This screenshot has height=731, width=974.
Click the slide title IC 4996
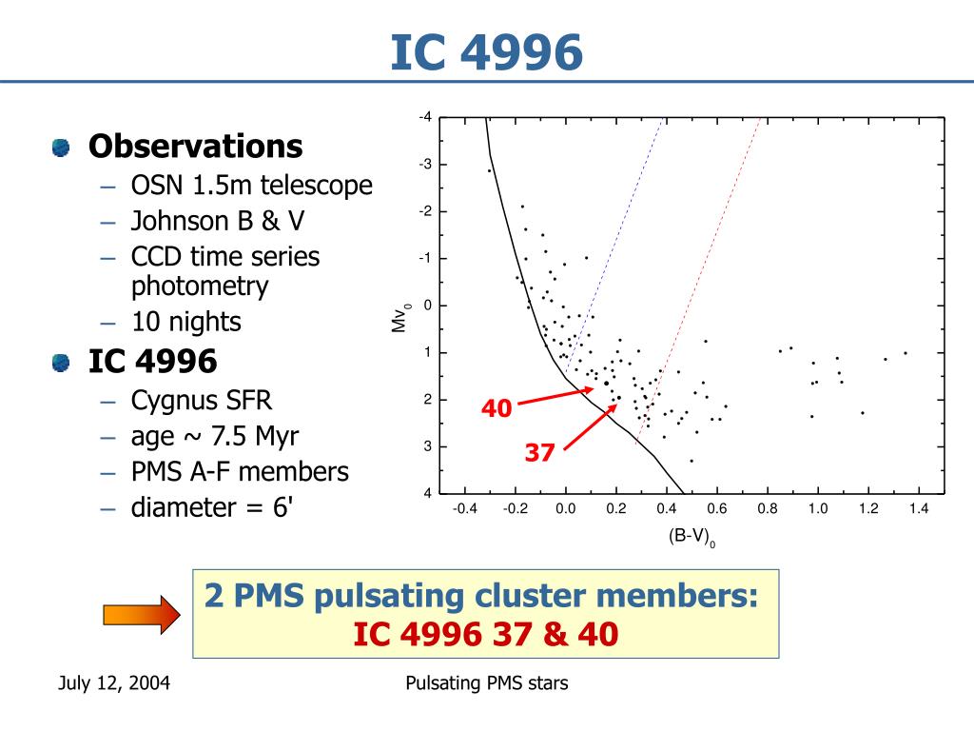(486, 53)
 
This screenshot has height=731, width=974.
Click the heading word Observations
(195, 147)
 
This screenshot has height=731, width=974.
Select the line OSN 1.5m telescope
(251, 186)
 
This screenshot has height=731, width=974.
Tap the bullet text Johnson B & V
(218, 222)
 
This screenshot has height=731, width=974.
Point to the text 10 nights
(186, 322)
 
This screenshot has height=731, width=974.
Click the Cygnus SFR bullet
(201, 401)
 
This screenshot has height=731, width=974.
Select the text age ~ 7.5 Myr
(214, 436)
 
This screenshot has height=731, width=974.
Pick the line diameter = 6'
(212, 506)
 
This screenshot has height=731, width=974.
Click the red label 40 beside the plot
(496, 409)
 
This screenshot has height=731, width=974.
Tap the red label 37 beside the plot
(539, 454)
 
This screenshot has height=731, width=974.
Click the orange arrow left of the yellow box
(140, 614)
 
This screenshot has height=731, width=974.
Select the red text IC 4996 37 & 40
(486, 634)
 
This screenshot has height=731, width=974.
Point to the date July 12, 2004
(114, 683)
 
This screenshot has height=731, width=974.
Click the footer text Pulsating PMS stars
(486, 683)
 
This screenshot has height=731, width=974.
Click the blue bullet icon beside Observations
(62, 148)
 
